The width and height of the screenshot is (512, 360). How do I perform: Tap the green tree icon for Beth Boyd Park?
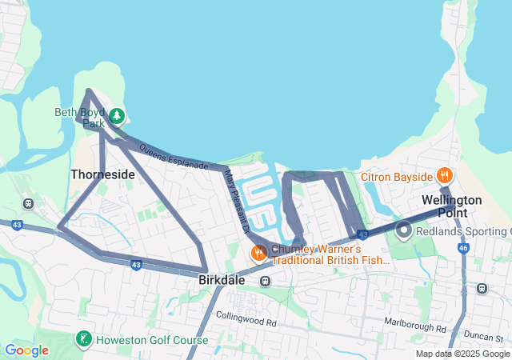tap(117, 117)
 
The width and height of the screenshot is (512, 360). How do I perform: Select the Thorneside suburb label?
tap(102, 174)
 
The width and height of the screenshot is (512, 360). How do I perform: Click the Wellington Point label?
tap(453, 206)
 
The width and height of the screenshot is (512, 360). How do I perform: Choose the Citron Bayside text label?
tap(396, 175)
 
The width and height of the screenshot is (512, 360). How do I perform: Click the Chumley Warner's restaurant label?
tap(330, 254)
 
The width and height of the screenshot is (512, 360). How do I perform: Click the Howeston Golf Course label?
tap(152, 340)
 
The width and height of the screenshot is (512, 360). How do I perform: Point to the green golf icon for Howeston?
tap(83, 339)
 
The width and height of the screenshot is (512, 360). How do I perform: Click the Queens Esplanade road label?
tap(174, 158)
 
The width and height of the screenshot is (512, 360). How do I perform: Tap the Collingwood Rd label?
tap(246, 323)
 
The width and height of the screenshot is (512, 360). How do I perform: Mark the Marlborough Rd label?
tap(414, 328)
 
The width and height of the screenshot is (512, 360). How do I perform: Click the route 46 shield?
tap(463, 248)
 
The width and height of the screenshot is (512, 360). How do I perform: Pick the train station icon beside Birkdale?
tap(265, 281)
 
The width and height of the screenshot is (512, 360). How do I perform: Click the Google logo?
tap(26, 350)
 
